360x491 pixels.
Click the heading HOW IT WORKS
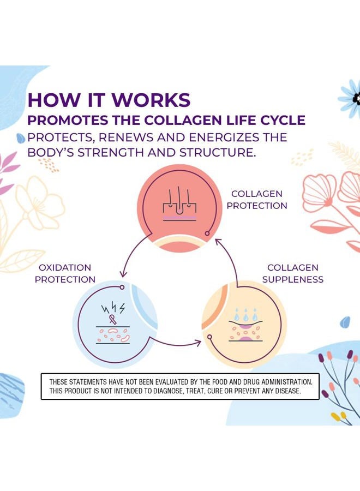coord(109,100)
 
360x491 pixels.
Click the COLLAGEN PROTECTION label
coord(257,200)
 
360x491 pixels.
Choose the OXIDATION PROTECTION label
coord(65,274)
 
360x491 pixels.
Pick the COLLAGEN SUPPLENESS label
coord(293,274)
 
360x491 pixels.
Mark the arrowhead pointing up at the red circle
coord(217,241)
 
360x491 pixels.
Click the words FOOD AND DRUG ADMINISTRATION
coord(256,382)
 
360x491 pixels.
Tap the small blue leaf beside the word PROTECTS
coord(21,137)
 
